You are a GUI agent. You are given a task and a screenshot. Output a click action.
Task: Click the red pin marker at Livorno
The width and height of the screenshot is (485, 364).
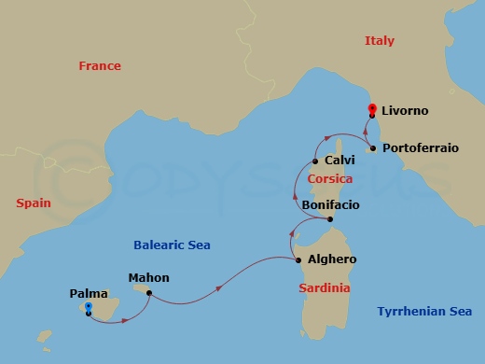coord(371,108)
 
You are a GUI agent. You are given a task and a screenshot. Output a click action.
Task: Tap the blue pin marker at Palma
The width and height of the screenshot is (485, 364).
coord(88,307)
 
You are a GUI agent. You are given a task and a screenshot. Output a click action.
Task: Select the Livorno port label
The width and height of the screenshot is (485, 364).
coord(405,111)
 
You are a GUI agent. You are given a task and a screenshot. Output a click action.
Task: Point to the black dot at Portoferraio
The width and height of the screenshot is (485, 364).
coord(372,147)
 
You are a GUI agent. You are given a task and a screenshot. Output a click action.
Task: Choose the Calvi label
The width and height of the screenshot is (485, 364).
coord(339,161)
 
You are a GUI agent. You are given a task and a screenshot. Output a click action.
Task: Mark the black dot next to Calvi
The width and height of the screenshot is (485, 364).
coord(315,161)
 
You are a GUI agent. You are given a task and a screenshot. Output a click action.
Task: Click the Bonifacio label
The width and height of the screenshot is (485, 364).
coord(330,203)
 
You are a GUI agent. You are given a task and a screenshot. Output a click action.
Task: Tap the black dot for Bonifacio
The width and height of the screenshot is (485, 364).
coord(330,220)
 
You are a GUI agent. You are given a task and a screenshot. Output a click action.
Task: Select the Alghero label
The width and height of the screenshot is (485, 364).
coord(325,259)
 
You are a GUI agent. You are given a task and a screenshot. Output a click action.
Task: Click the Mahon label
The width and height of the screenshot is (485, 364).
coord(149,277)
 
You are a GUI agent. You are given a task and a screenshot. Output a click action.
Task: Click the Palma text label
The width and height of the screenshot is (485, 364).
coord(89,293)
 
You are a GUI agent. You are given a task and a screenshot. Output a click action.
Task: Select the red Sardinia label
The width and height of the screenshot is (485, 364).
coord(325,287)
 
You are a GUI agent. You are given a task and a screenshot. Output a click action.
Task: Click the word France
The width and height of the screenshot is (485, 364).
coord(100,66)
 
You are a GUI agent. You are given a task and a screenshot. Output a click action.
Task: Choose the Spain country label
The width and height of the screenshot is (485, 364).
coord(33,203)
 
